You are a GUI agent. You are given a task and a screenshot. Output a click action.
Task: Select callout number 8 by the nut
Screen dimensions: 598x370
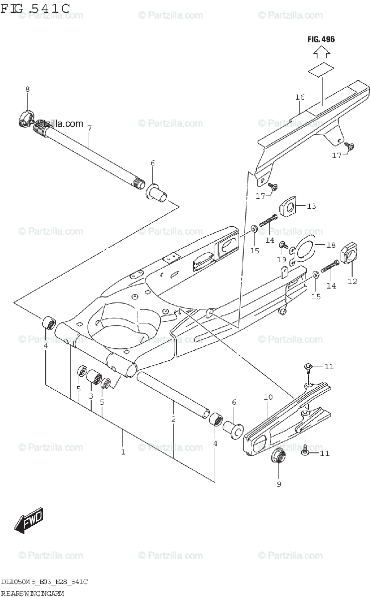(x=27, y=89)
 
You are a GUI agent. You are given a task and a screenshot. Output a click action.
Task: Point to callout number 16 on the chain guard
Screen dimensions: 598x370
(x=299, y=97)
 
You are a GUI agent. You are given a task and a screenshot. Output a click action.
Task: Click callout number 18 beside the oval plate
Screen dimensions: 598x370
(x=331, y=245)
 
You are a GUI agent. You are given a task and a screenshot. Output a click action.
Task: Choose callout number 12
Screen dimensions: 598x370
(x=352, y=282)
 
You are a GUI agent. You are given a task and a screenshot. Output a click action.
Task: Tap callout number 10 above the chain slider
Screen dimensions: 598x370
(x=268, y=397)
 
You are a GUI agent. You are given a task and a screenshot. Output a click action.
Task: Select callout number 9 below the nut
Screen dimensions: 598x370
(x=279, y=483)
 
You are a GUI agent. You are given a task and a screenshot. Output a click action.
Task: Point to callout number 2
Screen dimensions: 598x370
(x=173, y=419)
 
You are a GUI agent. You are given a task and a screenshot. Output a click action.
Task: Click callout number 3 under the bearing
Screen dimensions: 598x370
(x=91, y=396)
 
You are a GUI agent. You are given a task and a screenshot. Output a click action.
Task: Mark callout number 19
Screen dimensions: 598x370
(x=281, y=259)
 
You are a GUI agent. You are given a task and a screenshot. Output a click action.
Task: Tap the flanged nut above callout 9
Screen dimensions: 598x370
(x=278, y=456)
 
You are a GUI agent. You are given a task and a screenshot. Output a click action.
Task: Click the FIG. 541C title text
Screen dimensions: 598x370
(x=35, y=8)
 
